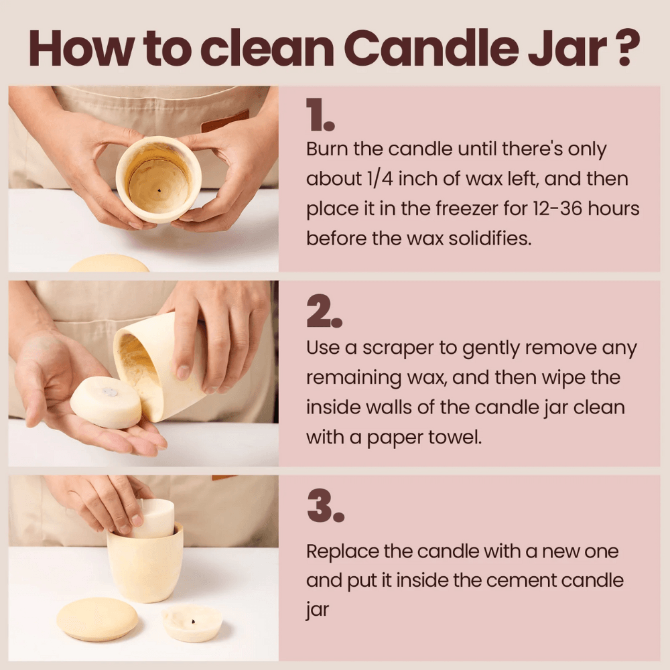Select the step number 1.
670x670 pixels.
click(320, 115)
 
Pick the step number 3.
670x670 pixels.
click(326, 507)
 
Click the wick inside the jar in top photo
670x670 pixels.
click(159, 191)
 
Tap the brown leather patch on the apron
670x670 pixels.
click(225, 121)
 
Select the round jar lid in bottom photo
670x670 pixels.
click(97, 619)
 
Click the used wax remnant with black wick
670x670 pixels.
click(192, 623)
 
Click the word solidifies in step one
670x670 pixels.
click(490, 239)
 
